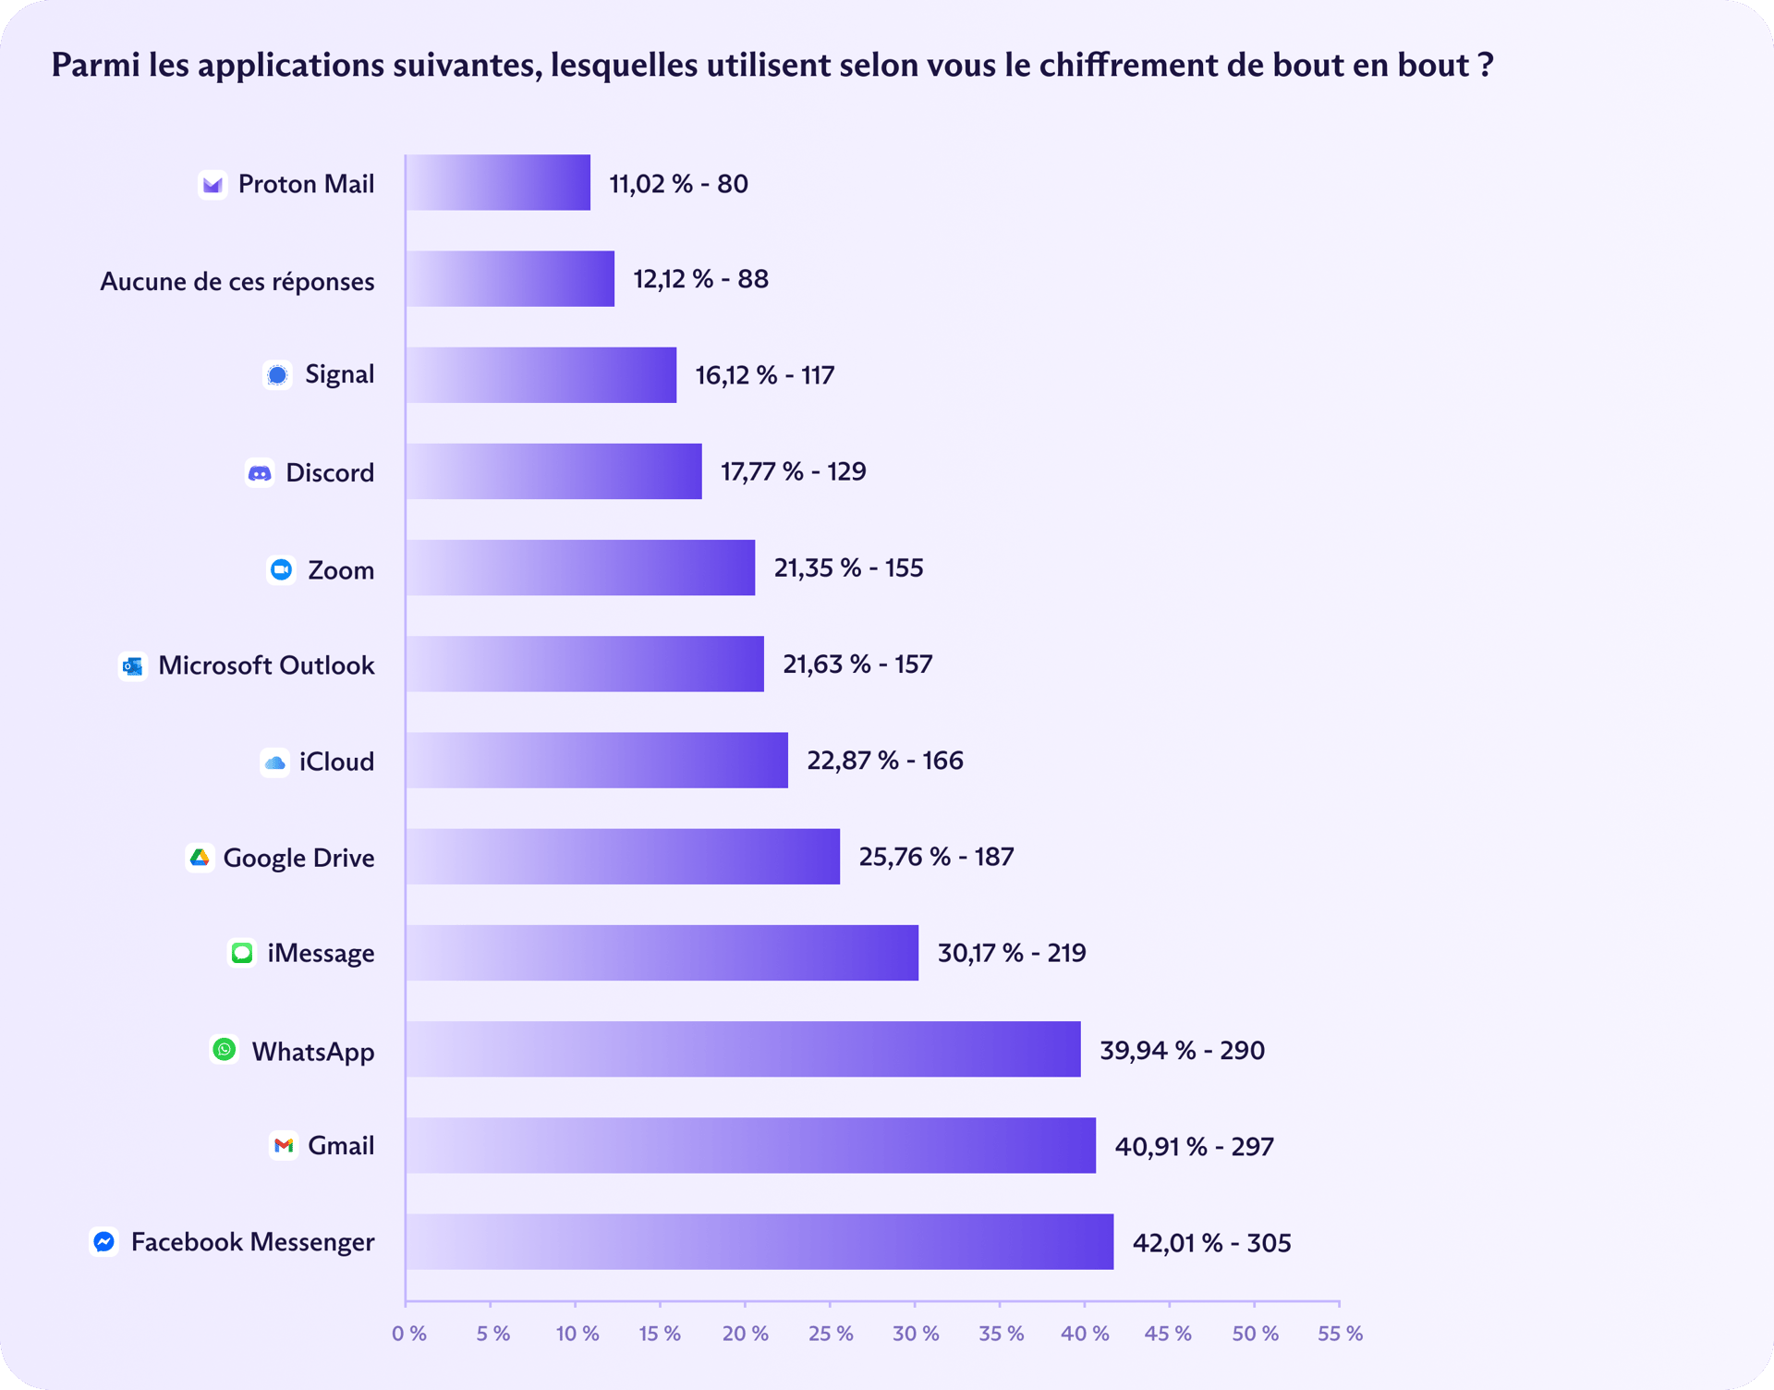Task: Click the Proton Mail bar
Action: pyautogui.click(x=498, y=183)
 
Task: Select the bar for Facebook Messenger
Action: pyautogui.click(x=759, y=1241)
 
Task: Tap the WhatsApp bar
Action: pyautogui.click(x=742, y=1049)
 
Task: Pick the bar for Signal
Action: pyautogui.click(x=541, y=375)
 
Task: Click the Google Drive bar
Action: pyautogui.click(x=622, y=857)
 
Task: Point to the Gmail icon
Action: pyautogui.click(x=284, y=1146)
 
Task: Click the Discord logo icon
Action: pyautogui.click(x=260, y=473)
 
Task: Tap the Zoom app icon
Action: pyautogui.click(x=282, y=569)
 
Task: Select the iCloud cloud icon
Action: pyautogui.click(x=274, y=762)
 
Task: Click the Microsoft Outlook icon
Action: pyautogui.click(x=133, y=665)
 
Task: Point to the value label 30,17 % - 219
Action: pyautogui.click(x=1012, y=953)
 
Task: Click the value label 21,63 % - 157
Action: pyautogui.click(x=857, y=665)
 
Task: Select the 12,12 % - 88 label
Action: pyautogui.click(x=700, y=279)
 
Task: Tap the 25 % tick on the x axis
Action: pyautogui.click(x=831, y=1334)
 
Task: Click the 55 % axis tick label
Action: pyautogui.click(x=1340, y=1334)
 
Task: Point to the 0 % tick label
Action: pyautogui.click(x=408, y=1334)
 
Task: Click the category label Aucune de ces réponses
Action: pyautogui.click(x=237, y=281)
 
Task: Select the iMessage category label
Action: pyautogui.click(x=321, y=953)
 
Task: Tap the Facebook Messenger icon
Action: pyautogui.click(x=104, y=1241)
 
